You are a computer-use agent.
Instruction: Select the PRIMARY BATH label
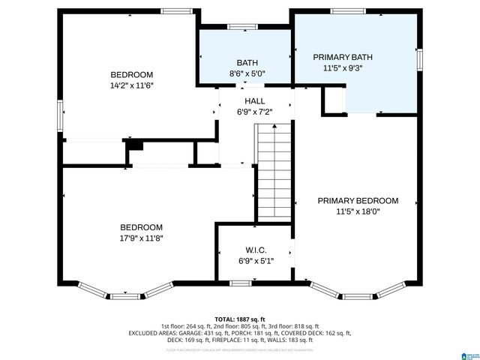pyautogui.click(x=343, y=57)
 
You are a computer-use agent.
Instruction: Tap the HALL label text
pyautogui.click(x=254, y=100)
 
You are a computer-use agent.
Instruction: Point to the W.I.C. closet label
pyautogui.click(x=256, y=250)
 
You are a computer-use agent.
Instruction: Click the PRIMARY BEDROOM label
pyautogui.click(x=358, y=201)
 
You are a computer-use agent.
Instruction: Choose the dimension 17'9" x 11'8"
pyautogui.click(x=142, y=238)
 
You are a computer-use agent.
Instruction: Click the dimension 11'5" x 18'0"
pyautogui.click(x=358, y=212)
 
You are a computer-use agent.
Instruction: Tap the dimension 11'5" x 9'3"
pyautogui.click(x=343, y=68)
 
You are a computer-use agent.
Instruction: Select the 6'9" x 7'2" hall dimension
pyautogui.click(x=254, y=112)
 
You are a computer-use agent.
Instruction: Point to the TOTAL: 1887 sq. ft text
pyautogui.click(x=241, y=318)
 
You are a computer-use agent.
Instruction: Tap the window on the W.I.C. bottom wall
pyautogui.click(x=239, y=283)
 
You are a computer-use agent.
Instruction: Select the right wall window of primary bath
pyautogui.click(x=419, y=59)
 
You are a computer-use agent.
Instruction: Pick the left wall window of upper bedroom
pyautogui.click(x=61, y=116)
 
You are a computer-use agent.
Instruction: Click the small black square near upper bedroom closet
pyautogui.click(x=135, y=145)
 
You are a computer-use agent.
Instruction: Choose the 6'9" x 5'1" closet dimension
pyautogui.click(x=256, y=261)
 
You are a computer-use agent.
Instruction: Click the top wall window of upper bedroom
pyautogui.click(x=175, y=10)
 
